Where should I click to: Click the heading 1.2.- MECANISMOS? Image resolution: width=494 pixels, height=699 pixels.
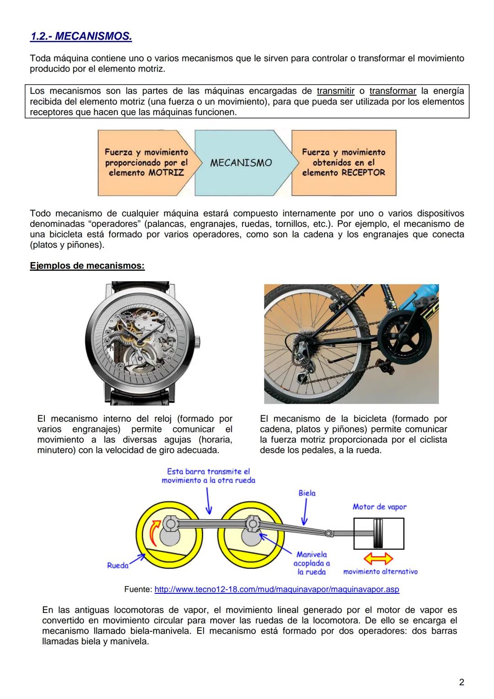coord(81,36)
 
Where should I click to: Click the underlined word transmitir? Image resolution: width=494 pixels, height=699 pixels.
coord(335,91)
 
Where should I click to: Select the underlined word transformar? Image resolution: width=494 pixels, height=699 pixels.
coord(392,91)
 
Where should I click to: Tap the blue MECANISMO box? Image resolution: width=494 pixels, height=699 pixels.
coord(241,163)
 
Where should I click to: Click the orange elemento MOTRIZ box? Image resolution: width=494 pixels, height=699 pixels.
coord(145,162)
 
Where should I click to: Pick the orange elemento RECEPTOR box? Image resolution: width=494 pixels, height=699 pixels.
coord(344,162)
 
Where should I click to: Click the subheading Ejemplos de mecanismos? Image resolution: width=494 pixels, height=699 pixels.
coord(87,266)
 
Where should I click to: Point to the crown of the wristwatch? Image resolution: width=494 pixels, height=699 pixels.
coord(199,340)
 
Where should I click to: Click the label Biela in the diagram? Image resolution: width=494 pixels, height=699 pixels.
coord(307,493)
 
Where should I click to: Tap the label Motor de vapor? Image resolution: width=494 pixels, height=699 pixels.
coord(379,506)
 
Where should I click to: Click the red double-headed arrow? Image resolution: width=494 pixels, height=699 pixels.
coord(378,559)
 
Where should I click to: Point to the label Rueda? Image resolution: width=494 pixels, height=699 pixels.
coord(118,565)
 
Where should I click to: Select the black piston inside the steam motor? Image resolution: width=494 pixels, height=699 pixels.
coord(378,533)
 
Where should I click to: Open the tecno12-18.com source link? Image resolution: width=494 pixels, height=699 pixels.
coord(277,589)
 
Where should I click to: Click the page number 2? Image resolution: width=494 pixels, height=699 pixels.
coord(462,682)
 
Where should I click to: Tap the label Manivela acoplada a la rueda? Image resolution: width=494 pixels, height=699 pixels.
coord(311,563)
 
